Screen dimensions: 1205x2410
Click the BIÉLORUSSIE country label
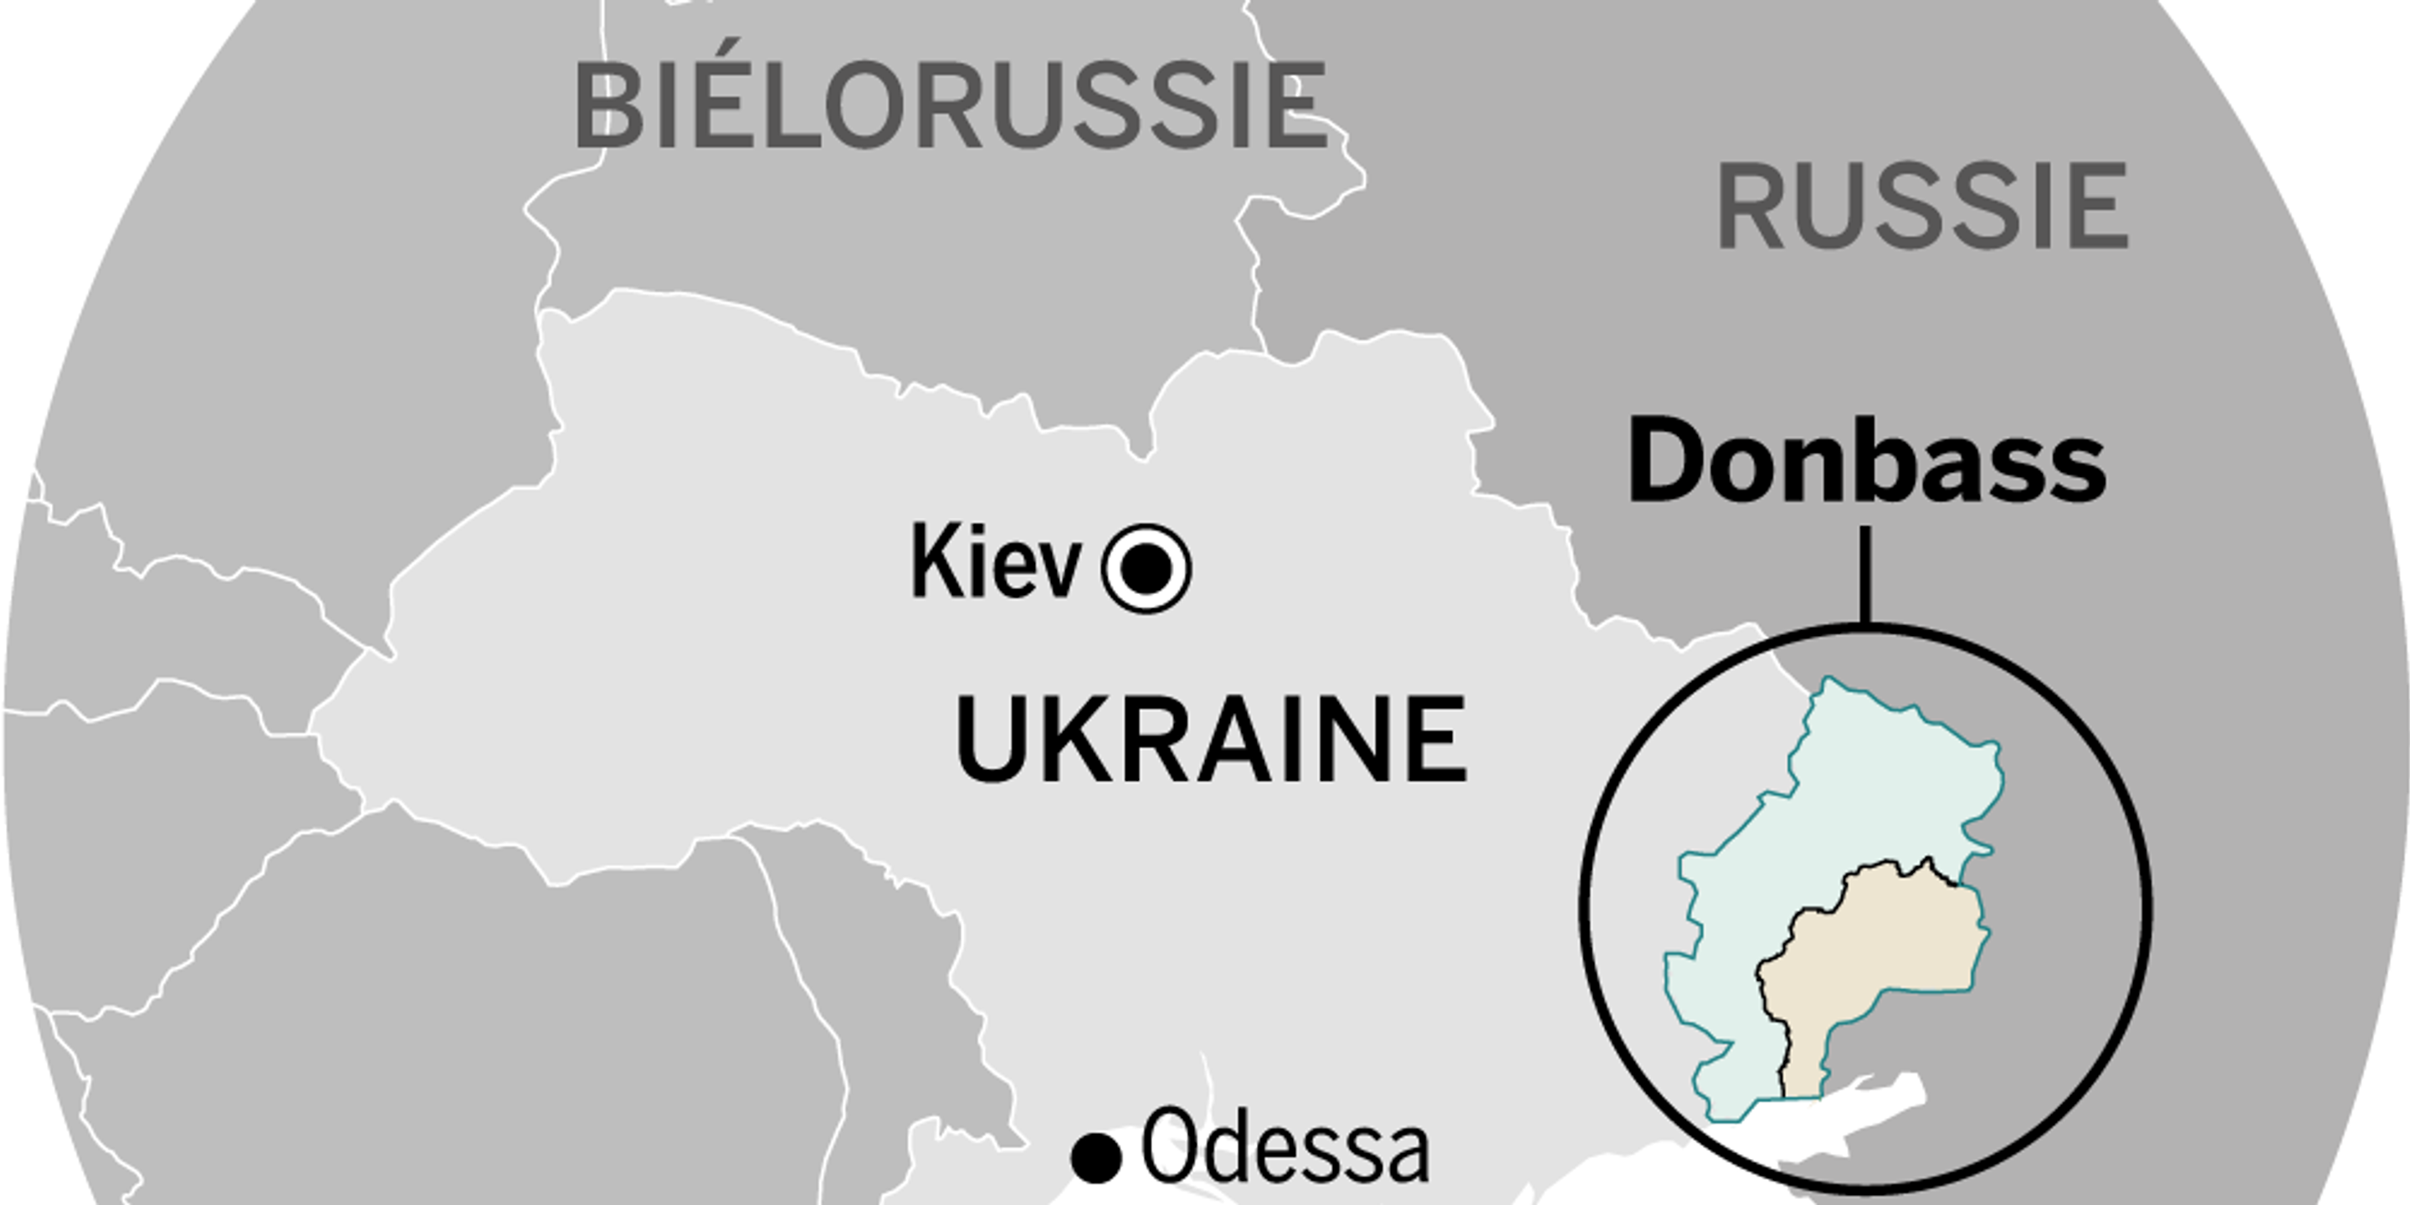950,105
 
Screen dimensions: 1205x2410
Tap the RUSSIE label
1924,206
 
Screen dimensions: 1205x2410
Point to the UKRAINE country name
1211,739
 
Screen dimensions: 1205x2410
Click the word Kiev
996,563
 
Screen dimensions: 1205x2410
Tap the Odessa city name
1285,1147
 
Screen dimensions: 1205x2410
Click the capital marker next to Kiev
1147,569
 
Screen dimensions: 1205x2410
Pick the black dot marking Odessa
1095,1157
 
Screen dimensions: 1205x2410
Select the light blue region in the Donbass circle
1833,823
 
